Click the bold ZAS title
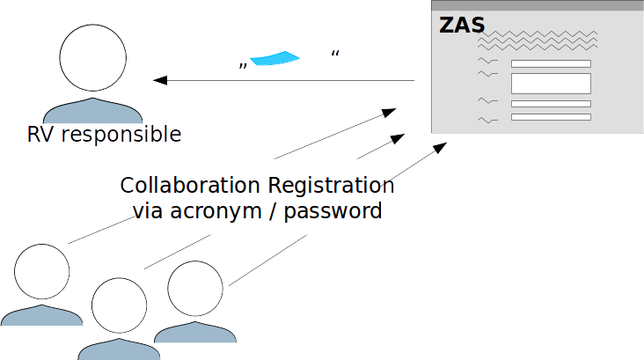coord(462,25)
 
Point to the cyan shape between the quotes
coord(275,58)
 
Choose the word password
coord(337,211)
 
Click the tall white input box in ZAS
coord(551,84)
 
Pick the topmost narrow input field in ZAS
coord(551,63)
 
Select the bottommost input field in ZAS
coord(551,117)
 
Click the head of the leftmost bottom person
coord(41,271)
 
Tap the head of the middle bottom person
coord(119,305)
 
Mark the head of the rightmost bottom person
coord(194,289)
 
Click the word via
coord(149,211)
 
